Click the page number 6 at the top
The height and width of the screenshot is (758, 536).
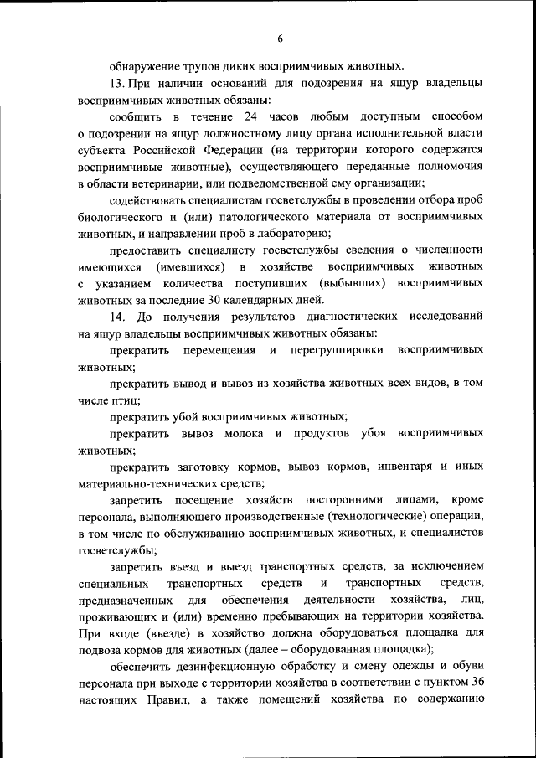[x=280, y=38]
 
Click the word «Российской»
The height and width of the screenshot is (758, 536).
[x=174, y=148]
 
